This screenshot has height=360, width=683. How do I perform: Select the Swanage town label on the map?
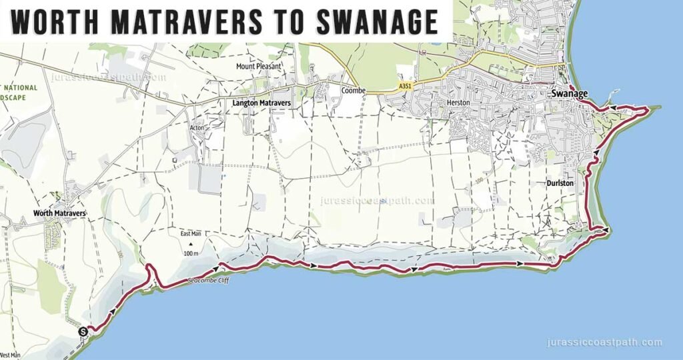[570, 94]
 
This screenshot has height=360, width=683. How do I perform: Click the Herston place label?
[459, 103]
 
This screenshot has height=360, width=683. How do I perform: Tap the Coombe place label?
[351, 90]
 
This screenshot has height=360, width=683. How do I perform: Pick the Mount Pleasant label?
[259, 67]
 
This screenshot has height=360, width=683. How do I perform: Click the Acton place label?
[197, 127]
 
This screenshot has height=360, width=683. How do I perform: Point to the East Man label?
[191, 234]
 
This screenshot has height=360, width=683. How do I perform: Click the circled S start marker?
[83, 331]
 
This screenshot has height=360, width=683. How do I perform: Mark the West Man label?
[10, 355]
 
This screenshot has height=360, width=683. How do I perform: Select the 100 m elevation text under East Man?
[191, 254]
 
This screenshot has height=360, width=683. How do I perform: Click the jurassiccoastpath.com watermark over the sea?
[604, 343]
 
